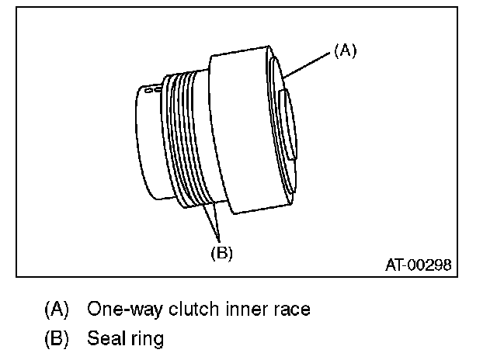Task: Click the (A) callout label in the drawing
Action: pos(345,50)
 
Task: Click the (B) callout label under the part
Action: pos(221,252)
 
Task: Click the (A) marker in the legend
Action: pos(57,309)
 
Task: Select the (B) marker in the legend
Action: pos(57,339)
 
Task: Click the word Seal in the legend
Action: pos(103,339)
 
